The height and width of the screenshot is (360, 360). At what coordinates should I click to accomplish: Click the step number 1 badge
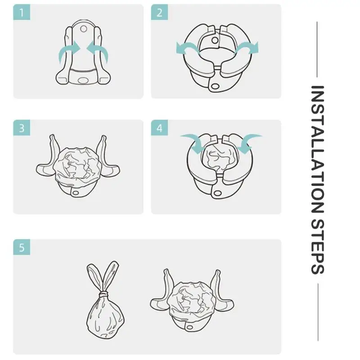[22, 12]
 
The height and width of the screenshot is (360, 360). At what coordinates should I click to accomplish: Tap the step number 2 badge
[159, 12]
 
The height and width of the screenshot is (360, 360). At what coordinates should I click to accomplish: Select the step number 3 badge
[22, 128]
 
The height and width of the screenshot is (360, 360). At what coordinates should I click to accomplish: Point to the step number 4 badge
[159, 128]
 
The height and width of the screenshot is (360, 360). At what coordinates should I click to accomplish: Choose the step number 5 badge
[22, 247]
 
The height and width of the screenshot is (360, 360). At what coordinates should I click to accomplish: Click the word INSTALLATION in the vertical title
[318, 149]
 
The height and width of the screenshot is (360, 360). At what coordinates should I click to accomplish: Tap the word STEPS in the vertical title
[318, 247]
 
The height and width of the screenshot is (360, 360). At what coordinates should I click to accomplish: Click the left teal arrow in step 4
[193, 142]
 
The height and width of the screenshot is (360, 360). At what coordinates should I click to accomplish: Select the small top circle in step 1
[84, 29]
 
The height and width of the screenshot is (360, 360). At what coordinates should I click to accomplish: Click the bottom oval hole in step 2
[215, 86]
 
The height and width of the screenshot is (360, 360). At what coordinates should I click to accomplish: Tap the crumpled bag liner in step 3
[77, 165]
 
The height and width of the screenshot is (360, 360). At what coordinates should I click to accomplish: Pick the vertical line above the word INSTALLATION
[317, 49]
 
